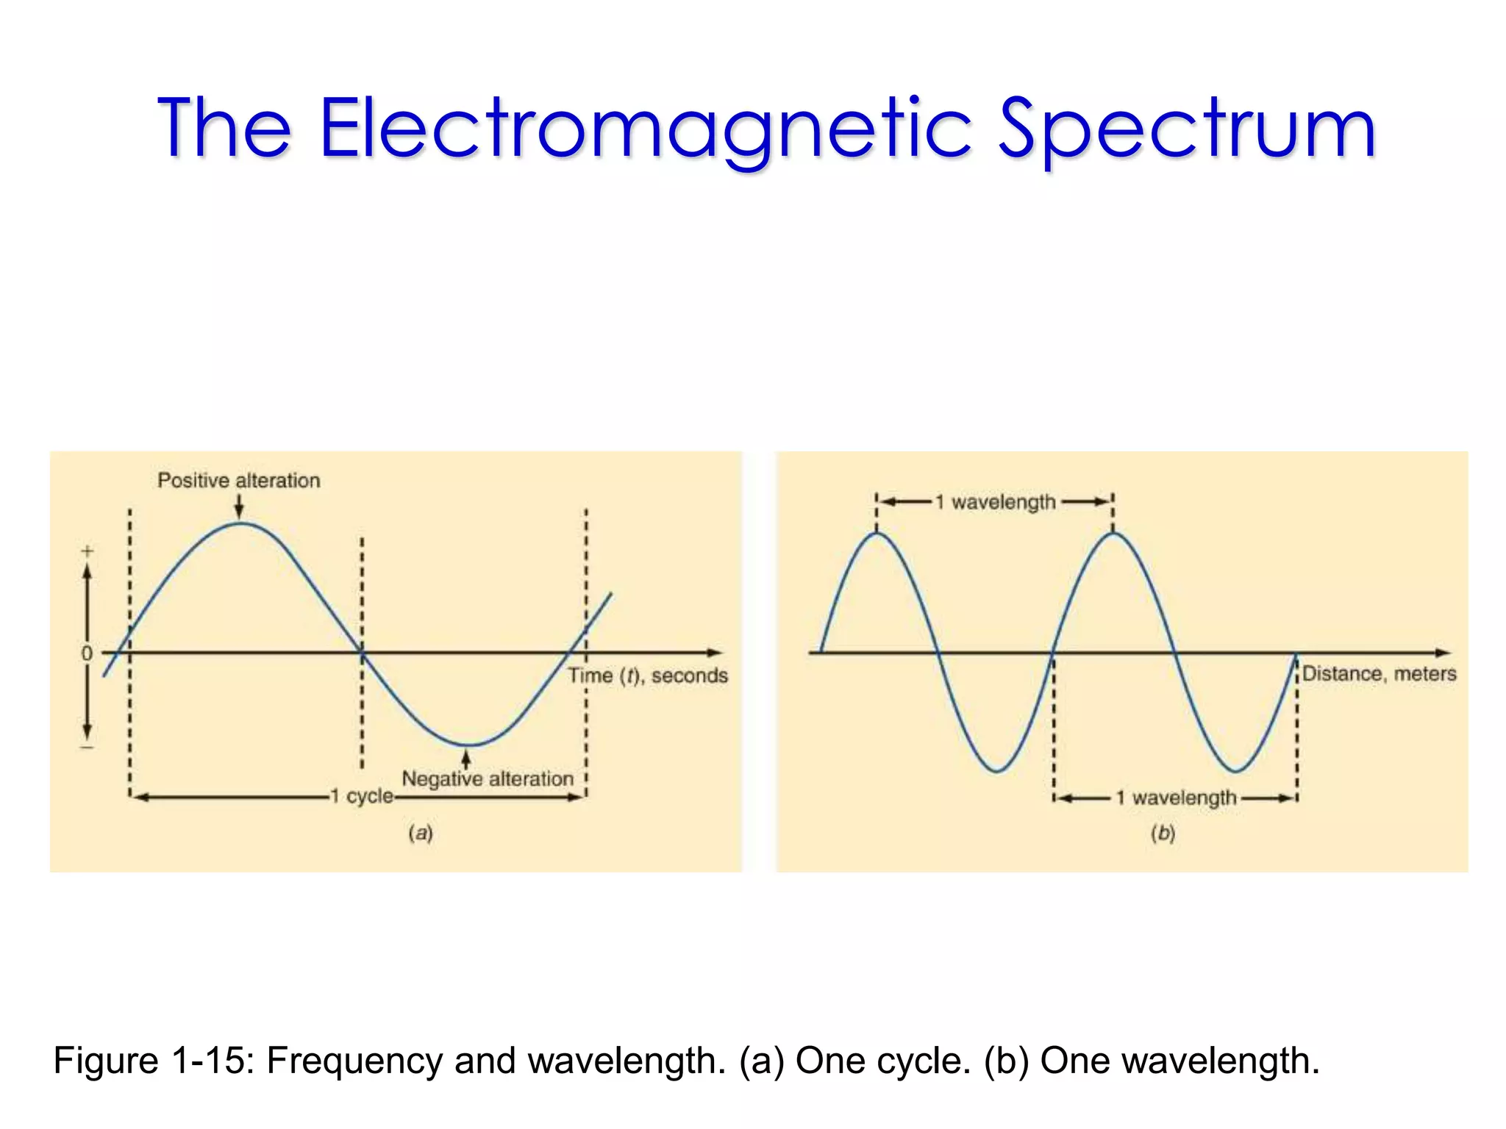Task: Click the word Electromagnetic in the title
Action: tap(646, 129)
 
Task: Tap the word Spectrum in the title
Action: tap(1186, 129)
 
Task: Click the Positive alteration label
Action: tap(239, 481)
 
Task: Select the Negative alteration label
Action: tap(488, 778)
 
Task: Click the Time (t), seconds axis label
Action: tap(647, 675)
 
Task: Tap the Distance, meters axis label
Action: tap(1379, 673)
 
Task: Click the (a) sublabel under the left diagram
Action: tap(421, 833)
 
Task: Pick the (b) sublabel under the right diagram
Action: tap(1163, 833)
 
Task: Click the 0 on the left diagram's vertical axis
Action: tap(87, 653)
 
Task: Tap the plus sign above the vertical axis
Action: tap(88, 551)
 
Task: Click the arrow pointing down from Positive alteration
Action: tap(239, 507)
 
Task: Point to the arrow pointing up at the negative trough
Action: tap(465, 758)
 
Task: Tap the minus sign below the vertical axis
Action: tap(88, 748)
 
